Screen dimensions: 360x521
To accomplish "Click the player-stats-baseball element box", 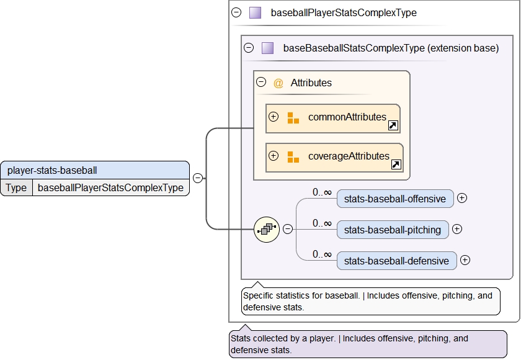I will click(x=95, y=169).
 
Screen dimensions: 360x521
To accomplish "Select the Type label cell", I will click(x=16, y=187).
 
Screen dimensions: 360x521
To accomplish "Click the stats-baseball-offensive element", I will click(x=395, y=199).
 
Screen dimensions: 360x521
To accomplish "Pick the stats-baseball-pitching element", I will click(x=393, y=230).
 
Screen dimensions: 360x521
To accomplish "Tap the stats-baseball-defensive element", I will click(x=396, y=261).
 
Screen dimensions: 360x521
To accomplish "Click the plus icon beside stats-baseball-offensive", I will click(x=462, y=198).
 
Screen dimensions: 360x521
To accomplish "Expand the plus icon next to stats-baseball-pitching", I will click(x=457, y=229).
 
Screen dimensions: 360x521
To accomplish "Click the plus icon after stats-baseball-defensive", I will click(x=465, y=260).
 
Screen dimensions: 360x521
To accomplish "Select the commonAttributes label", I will click(x=347, y=117).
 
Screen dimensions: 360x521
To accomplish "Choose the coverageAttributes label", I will click(x=349, y=156).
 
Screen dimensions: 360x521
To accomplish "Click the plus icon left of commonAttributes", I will click(x=274, y=117).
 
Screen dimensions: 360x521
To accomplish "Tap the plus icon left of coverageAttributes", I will click(x=274, y=156).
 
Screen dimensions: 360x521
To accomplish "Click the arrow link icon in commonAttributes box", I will click(x=393, y=125).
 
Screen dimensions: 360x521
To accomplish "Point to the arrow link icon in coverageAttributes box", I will click(x=396, y=164).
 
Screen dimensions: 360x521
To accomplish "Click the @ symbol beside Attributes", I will click(x=278, y=83).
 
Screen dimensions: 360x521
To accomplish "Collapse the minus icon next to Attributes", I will click(x=261, y=82).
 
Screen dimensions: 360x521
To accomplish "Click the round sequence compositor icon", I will click(x=267, y=230).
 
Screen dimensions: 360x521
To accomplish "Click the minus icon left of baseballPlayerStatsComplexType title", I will click(x=236, y=12).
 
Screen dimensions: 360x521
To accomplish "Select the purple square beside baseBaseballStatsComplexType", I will click(x=267, y=48).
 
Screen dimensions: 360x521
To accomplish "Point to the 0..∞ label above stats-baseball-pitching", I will click(x=322, y=223).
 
